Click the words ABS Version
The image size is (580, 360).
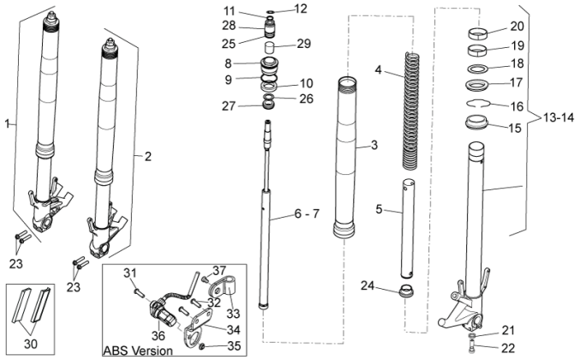click(137, 351)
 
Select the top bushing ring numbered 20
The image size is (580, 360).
click(482, 34)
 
